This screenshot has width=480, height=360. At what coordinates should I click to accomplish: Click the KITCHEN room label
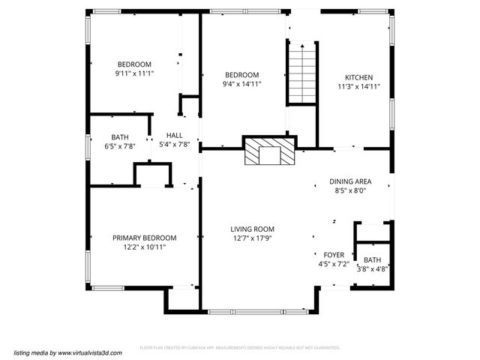tap(358, 77)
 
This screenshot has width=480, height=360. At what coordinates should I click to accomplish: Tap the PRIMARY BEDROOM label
tap(145, 238)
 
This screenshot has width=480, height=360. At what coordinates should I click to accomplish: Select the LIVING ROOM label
tap(252, 229)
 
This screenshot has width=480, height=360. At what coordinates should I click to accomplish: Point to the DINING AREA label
tap(350, 181)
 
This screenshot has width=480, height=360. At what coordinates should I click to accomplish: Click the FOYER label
tap(334, 255)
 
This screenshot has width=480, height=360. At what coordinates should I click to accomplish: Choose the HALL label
tap(174, 136)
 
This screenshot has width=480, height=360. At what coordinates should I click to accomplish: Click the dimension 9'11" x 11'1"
tap(134, 73)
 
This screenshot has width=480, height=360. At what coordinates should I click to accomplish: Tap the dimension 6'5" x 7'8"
tap(120, 146)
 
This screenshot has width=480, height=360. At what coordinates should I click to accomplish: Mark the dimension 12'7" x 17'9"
tap(252, 238)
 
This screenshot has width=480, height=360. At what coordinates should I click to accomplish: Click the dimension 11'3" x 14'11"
tap(358, 87)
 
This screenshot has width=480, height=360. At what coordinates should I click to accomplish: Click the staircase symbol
tap(302, 73)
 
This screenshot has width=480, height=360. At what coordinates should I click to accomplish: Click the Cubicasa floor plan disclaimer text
tap(240, 348)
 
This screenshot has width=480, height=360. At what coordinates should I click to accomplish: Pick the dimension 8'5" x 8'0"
tap(350, 191)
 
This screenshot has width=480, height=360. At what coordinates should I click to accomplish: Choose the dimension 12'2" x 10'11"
tap(145, 247)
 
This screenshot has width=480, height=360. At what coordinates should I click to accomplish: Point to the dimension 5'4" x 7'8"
tap(174, 145)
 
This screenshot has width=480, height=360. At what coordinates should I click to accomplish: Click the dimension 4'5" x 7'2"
tap(334, 264)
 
